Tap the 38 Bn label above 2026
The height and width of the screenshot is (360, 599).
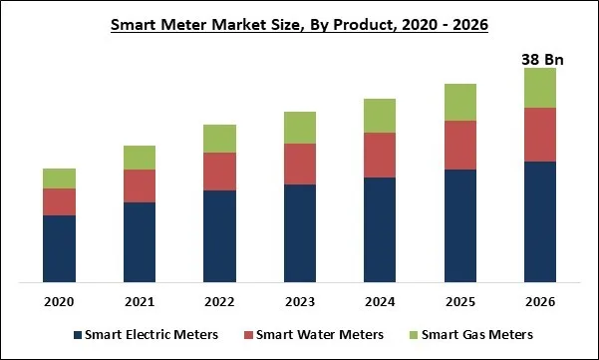coord(542,59)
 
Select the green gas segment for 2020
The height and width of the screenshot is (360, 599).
coord(60,179)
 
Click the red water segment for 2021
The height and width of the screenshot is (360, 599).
coord(140,185)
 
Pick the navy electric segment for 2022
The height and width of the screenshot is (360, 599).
coord(219,235)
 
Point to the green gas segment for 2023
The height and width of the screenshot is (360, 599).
coord(300,128)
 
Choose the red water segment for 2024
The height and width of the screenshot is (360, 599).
coord(380,155)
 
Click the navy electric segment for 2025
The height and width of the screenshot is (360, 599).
coord(460,225)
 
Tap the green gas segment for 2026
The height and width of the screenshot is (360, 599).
coord(540,88)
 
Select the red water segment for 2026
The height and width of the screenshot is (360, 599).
coord(540,135)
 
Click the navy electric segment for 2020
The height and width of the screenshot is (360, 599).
coord(60,248)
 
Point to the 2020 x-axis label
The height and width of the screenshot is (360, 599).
coord(60,301)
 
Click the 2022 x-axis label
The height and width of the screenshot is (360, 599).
coord(219,301)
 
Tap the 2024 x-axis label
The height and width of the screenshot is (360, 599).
coord(380,301)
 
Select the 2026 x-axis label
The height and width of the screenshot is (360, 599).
coord(540,301)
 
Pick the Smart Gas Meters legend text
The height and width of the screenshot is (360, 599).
coord(479,334)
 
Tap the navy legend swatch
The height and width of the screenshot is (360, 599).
coord(77,334)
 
